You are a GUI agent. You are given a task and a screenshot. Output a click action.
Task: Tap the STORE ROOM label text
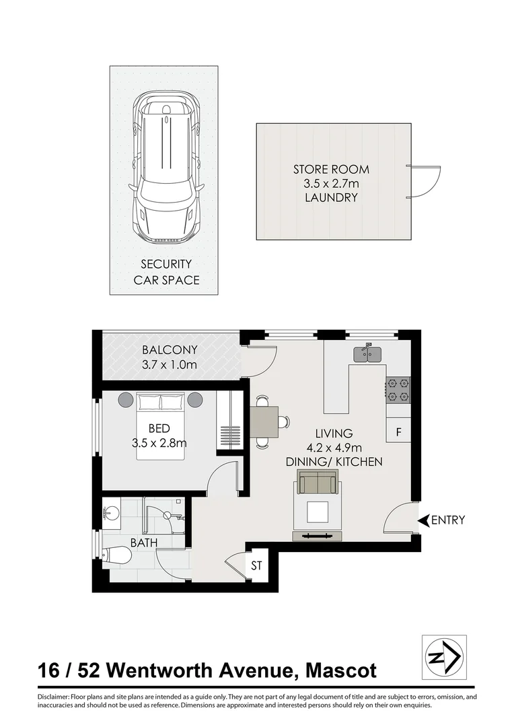tap(330, 170)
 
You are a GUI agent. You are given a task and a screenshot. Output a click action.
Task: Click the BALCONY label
tap(170, 350)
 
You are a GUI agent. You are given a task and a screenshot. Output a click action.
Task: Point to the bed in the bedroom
tap(161, 427)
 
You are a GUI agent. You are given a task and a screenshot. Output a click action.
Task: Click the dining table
tap(265, 422)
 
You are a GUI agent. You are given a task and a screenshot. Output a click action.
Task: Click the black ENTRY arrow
tap(423, 520)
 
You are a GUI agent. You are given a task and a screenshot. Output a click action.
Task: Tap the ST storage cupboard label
tap(256, 566)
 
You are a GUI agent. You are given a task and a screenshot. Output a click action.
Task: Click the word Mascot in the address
tap(341, 671)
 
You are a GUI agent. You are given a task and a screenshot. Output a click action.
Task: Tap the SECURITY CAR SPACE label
tap(166, 272)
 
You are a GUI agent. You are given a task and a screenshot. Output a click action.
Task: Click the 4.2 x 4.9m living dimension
tap(334, 448)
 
